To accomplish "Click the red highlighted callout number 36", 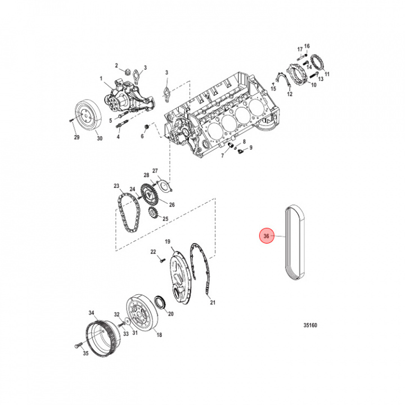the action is pyautogui.click(x=266, y=236).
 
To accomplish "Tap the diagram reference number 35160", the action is pyautogui.click(x=310, y=325).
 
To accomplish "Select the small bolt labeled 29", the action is pyautogui.click(x=71, y=120).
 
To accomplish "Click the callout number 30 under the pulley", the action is pyautogui.click(x=100, y=138).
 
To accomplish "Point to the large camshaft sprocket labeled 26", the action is pyautogui.click(x=150, y=193).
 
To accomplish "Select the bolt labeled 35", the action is pyautogui.click(x=78, y=345).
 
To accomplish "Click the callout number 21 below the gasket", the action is pyautogui.click(x=213, y=302).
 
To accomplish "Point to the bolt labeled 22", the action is pyautogui.click(x=161, y=260).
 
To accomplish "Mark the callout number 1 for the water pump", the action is pyautogui.click(x=101, y=78).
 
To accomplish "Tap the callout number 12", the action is pyautogui.click(x=290, y=94).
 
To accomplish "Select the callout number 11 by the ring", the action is pyautogui.click(x=327, y=74).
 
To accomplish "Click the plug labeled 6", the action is pyautogui.click(x=146, y=127).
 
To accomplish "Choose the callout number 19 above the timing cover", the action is pyautogui.click(x=168, y=241).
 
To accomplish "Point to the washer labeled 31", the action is pyautogui.click(x=128, y=321).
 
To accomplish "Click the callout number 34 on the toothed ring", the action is pyautogui.click(x=92, y=313).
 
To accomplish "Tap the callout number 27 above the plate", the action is pyautogui.click(x=155, y=171).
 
